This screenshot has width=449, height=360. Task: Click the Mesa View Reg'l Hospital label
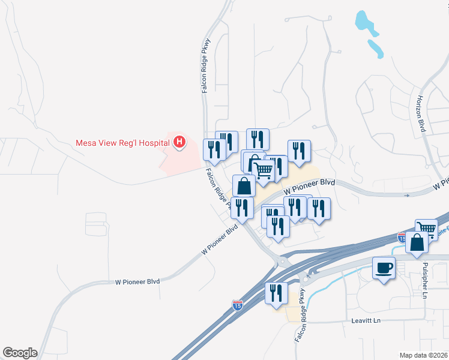pos(122,143)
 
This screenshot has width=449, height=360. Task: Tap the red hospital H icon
pos(179,142)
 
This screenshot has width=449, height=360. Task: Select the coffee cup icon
pos(384,267)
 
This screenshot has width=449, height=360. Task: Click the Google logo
pos(20,353)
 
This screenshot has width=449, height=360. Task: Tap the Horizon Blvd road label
pos(421,113)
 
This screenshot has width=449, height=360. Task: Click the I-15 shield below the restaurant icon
pos(238,305)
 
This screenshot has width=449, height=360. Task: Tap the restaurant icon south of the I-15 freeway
pos(276,293)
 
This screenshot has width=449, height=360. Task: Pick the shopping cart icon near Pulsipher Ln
pos(426,229)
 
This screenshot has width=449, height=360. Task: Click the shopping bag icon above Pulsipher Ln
pos(417,242)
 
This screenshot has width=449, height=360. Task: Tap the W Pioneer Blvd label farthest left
pos(138,281)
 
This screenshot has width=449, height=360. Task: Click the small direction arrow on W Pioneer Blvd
pos(408,195)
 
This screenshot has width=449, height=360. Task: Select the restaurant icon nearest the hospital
pos(214,149)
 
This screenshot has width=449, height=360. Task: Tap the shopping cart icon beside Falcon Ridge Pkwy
pos(265,170)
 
